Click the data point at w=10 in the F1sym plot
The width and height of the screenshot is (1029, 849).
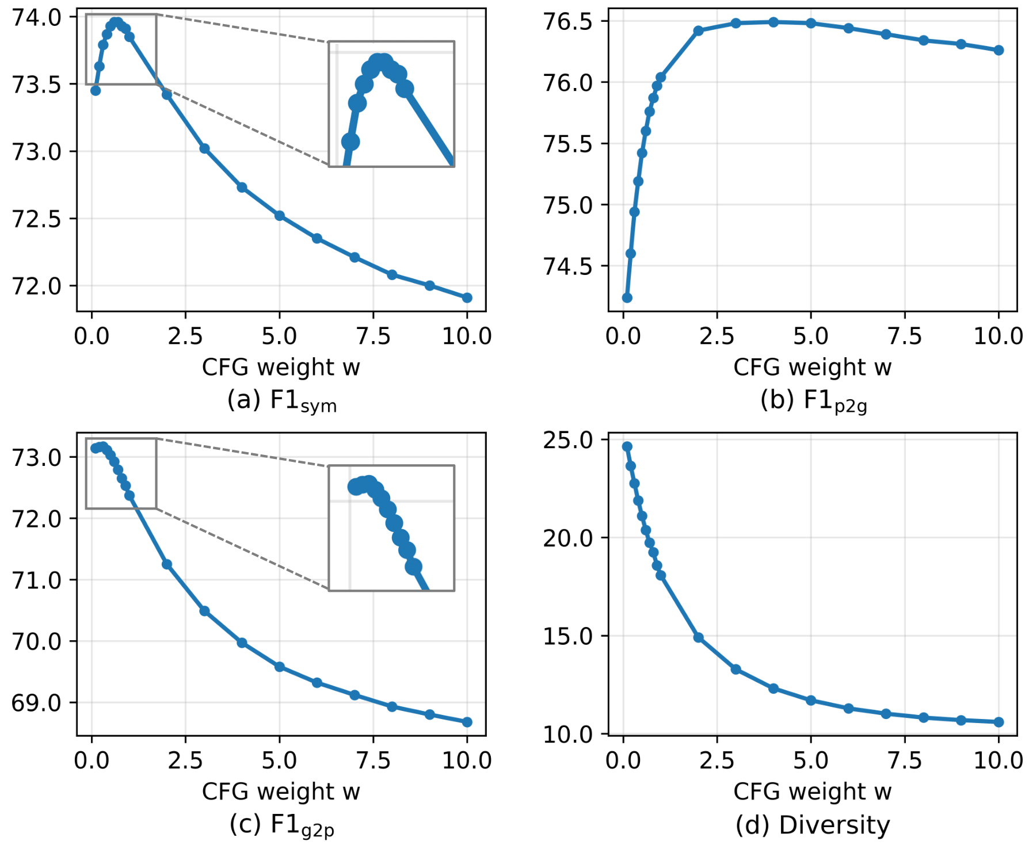click(467, 297)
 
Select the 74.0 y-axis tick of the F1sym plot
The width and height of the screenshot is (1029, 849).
click(37, 18)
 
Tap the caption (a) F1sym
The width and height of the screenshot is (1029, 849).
click(281, 400)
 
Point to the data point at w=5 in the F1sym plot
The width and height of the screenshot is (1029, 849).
click(280, 216)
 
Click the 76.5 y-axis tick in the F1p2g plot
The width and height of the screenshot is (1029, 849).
click(568, 22)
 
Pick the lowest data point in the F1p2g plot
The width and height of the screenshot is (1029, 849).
click(627, 297)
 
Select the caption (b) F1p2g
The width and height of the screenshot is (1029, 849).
click(813, 400)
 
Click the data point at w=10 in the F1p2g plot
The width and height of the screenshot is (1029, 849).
click(998, 50)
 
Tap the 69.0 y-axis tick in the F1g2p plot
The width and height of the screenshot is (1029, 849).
click(37, 703)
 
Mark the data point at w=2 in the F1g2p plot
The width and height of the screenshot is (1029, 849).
click(167, 564)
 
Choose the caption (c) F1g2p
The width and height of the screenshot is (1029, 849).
click(281, 825)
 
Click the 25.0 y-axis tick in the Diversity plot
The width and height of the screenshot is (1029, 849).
click(568, 440)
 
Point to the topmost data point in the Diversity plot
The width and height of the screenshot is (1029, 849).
click(627, 446)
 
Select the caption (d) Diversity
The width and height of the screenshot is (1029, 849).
click(813, 825)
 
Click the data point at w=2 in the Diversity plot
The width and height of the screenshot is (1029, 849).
click(699, 637)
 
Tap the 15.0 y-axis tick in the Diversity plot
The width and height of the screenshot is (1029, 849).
click(568, 636)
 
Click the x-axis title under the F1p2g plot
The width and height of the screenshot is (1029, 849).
click(812, 367)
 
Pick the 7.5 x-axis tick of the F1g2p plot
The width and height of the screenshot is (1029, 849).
click(373, 760)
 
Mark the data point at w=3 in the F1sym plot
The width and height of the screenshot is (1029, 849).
click(204, 148)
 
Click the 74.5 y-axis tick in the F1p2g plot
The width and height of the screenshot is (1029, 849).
click(568, 266)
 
